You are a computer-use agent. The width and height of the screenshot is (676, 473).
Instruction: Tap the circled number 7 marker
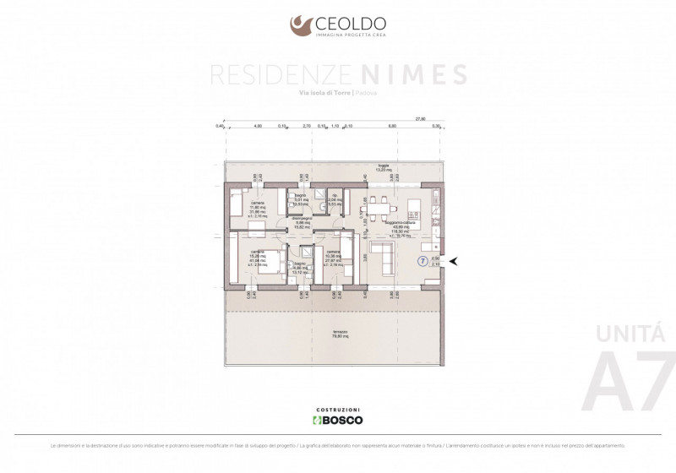422,261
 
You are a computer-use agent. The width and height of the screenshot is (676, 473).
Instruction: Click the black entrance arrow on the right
455,261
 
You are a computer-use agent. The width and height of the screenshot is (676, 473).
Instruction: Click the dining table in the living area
376,206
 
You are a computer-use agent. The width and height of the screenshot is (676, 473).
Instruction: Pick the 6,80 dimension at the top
392,126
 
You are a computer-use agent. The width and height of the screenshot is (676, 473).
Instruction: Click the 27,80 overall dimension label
419,119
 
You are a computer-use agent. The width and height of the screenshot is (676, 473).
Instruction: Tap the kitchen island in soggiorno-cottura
415,208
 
